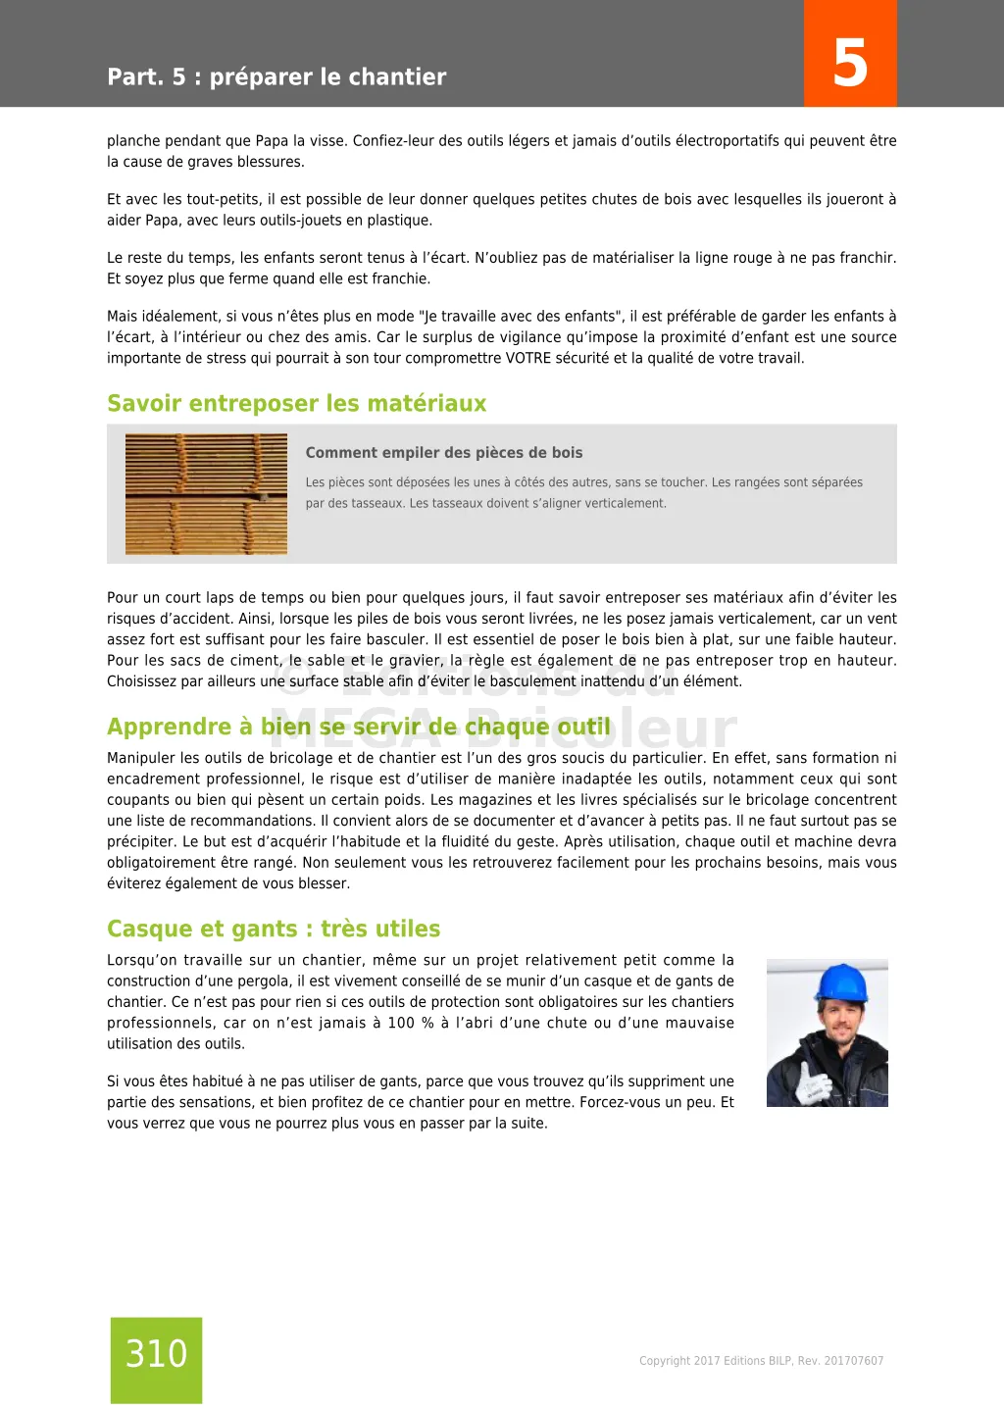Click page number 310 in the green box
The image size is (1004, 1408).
click(x=156, y=1354)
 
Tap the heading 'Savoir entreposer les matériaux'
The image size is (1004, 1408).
click(x=296, y=404)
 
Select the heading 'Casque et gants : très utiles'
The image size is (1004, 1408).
click(x=274, y=929)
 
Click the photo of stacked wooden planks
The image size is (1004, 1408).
click(x=206, y=494)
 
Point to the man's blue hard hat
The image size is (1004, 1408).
click(x=840, y=981)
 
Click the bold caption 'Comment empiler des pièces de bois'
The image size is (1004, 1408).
click(x=444, y=453)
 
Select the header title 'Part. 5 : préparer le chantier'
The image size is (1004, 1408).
click(x=276, y=77)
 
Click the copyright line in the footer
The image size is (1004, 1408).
click(x=761, y=1361)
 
